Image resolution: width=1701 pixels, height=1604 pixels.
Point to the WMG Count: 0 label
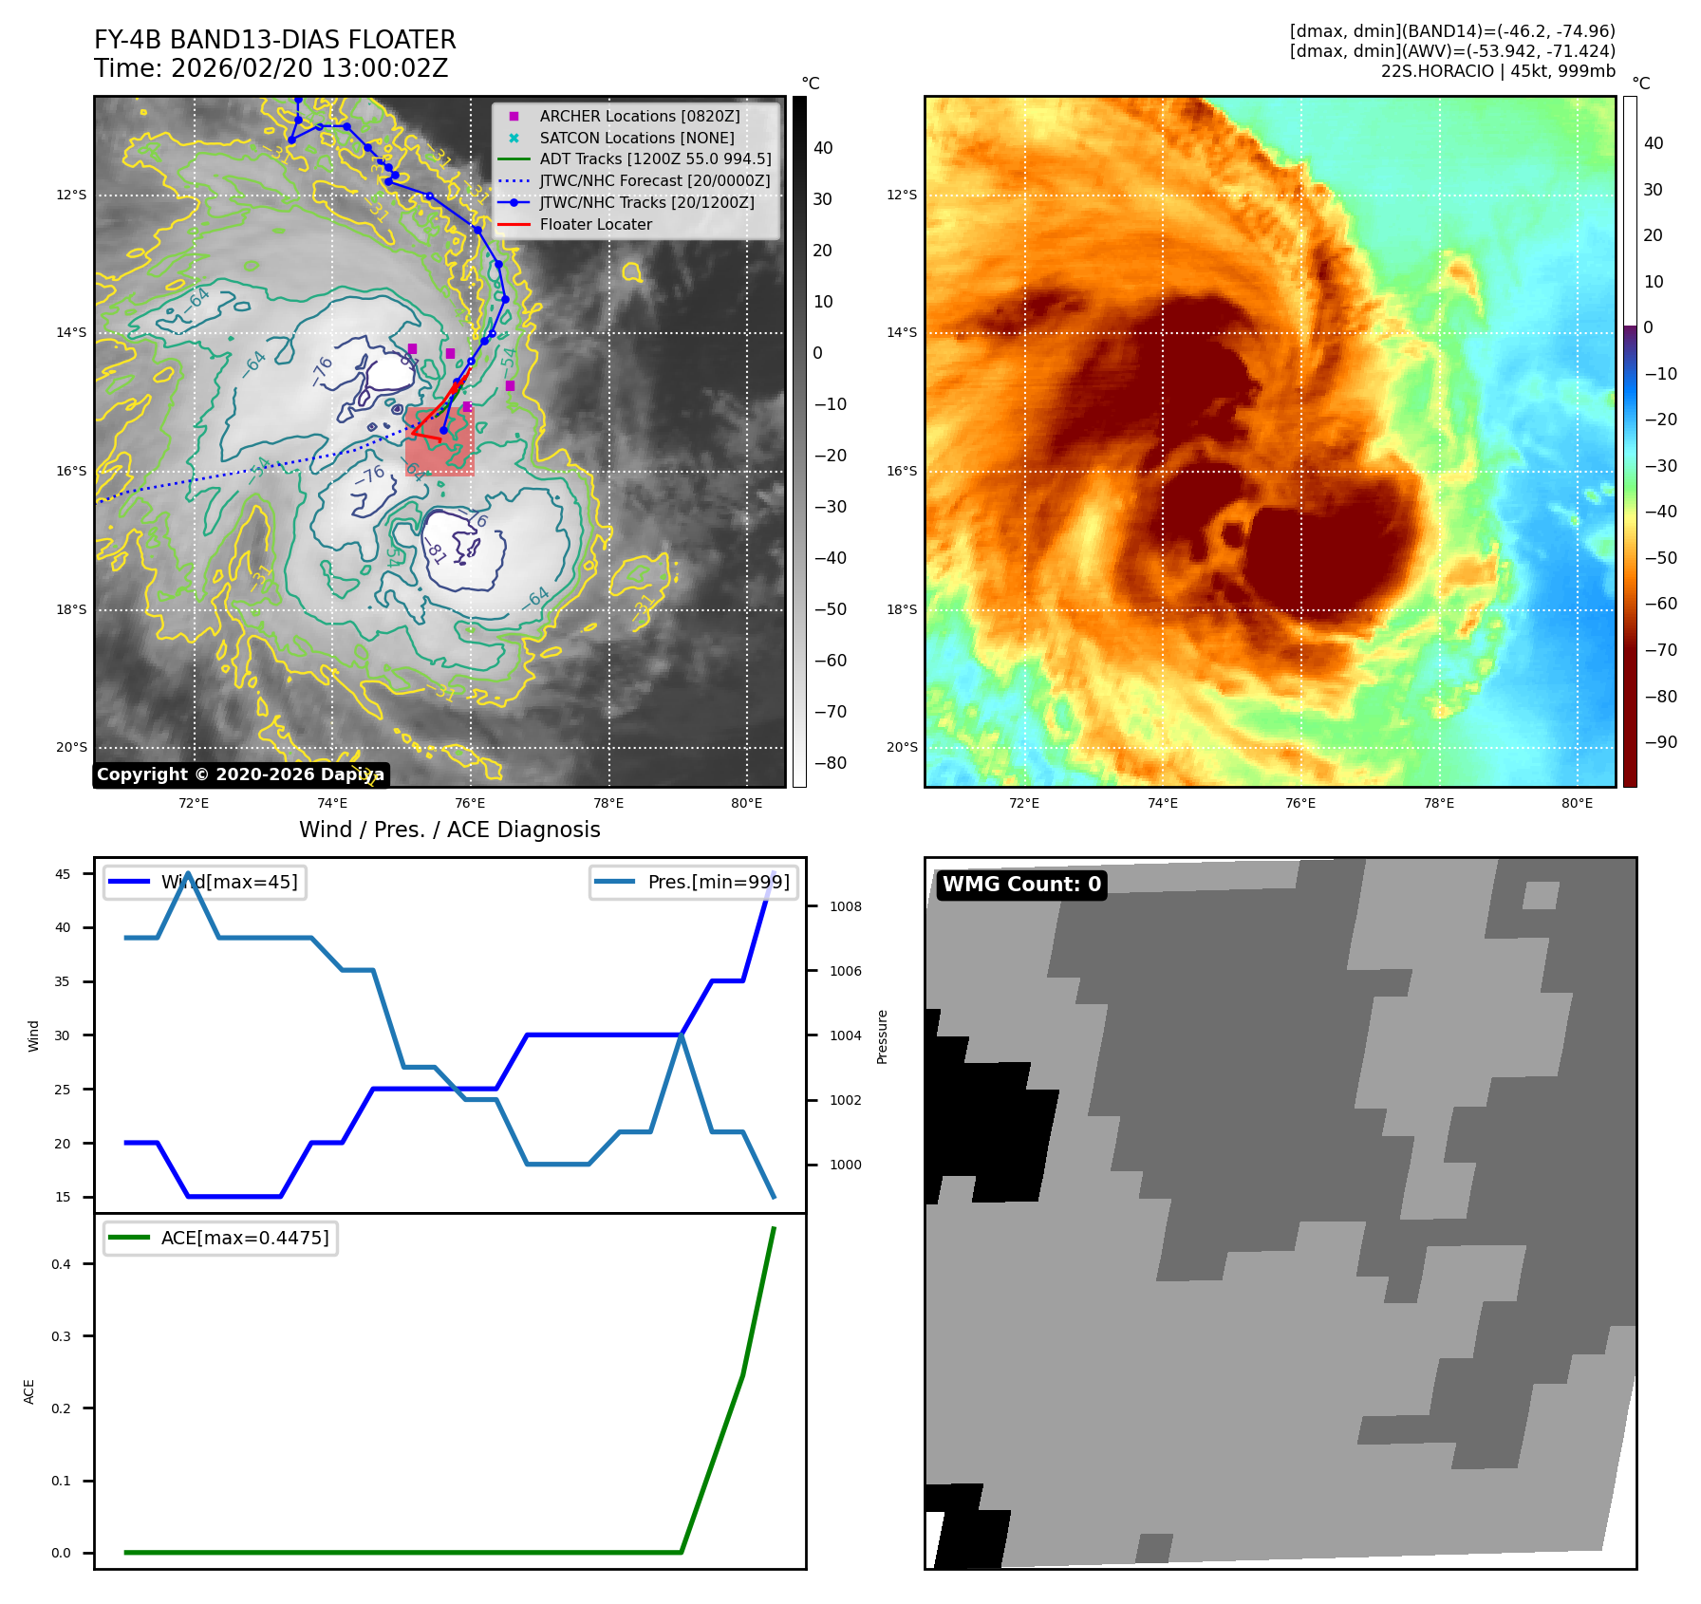(1021, 885)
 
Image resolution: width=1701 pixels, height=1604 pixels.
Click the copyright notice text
(240, 774)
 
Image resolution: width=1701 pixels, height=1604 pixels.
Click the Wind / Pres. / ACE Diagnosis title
(449, 830)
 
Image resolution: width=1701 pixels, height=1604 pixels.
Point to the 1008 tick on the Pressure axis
(846, 906)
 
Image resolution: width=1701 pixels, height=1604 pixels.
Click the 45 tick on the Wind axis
(63, 874)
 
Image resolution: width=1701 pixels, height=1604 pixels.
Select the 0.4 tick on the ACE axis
(62, 1264)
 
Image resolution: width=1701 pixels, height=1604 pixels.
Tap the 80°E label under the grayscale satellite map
(746, 804)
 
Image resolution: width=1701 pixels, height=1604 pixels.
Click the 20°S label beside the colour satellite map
(902, 748)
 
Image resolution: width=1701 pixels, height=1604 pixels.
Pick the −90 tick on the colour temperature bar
(1660, 742)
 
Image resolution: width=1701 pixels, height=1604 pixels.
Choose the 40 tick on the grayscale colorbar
(823, 148)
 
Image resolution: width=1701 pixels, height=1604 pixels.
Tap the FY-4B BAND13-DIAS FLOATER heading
(275, 40)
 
